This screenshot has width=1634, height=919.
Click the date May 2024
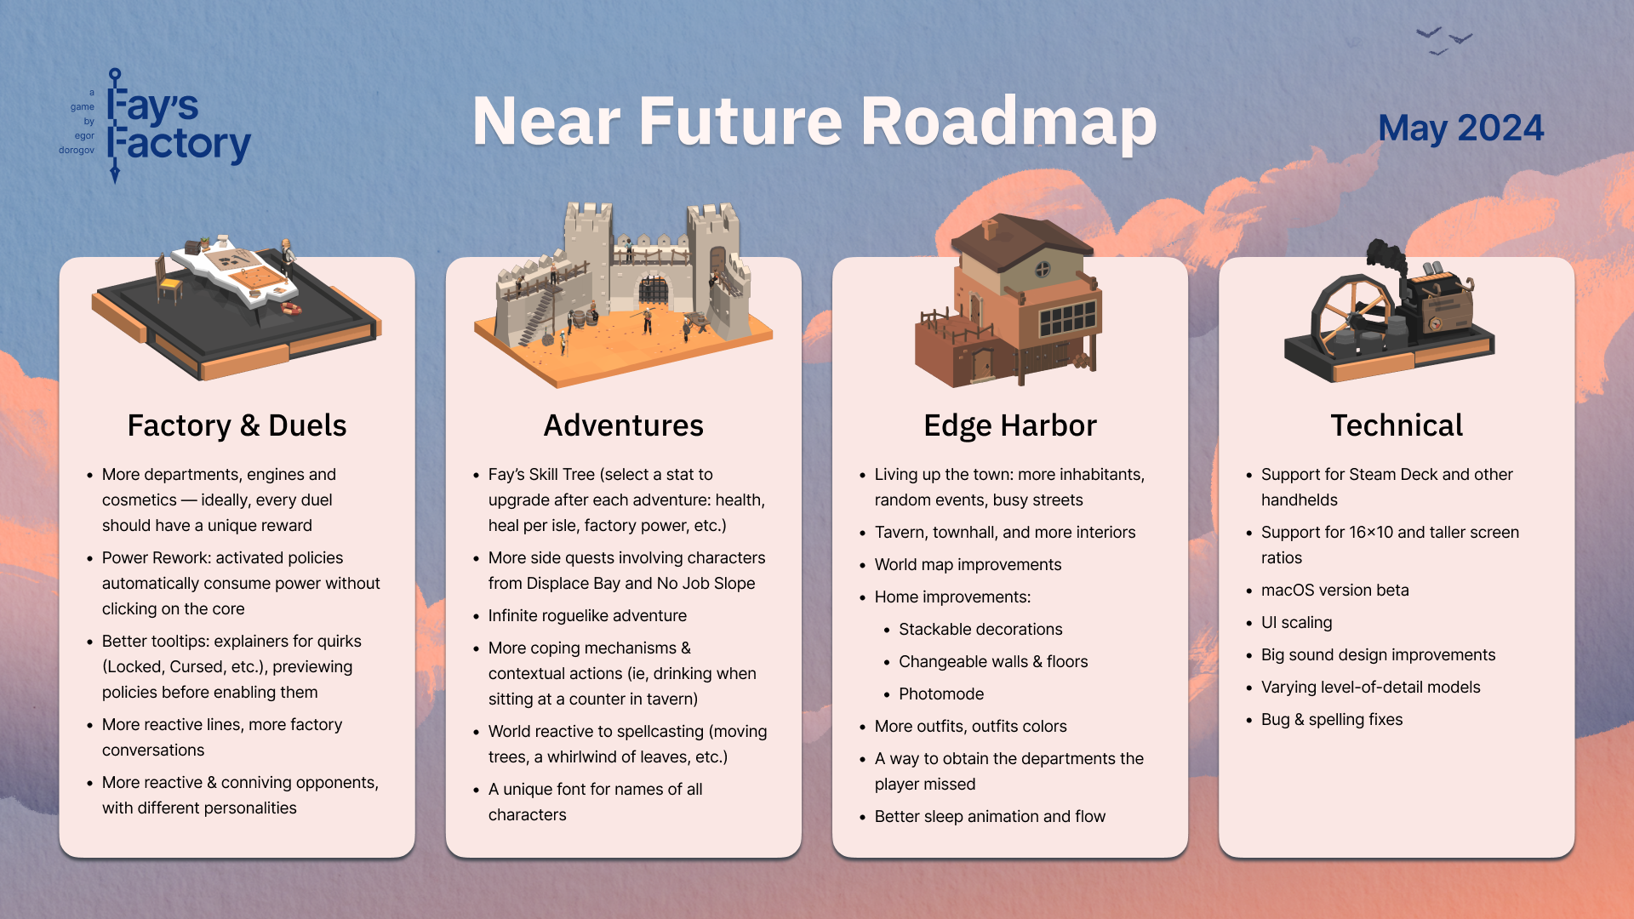tap(1460, 128)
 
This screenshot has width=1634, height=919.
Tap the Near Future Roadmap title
tap(814, 122)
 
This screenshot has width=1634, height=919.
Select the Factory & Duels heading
tap(237, 425)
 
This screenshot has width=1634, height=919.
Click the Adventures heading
tap(624, 425)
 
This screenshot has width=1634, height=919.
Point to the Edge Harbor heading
tap(1010, 425)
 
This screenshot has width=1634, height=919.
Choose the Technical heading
tap(1397, 425)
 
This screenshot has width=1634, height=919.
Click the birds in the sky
tap(1444, 40)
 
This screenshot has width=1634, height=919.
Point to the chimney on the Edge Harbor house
tap(989, 229)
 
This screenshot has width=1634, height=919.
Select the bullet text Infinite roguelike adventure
tap(587, 615)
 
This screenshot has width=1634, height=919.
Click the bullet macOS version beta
tap(1334, 590)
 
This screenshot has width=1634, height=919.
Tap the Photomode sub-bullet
tap(941, 694)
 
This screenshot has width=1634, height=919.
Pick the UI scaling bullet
tap(1296, 622)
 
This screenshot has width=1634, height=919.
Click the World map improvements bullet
tap(968, 564)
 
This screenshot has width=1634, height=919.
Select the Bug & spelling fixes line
tap(1332, 719)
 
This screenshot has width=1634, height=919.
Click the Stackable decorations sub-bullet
tap(980, 629)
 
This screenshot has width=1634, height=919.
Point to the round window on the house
tap(1043, 271)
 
